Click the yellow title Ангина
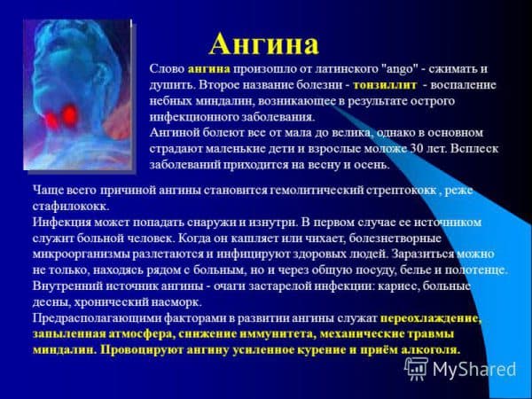pos(263,44)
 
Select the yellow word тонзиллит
pos(385,85)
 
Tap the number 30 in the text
pos(417,149)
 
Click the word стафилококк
pos(71,207)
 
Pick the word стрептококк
pos(401,191)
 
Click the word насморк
pos(181,301)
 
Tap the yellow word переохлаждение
pos(431,318)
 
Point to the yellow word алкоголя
pos(431,350)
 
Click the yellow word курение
pos(321,350)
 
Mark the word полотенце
pos(476,270)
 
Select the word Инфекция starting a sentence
pos(62,223)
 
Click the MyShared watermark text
pos(474,369)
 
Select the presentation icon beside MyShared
pos(417,369)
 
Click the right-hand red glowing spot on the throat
pos(70,114)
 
